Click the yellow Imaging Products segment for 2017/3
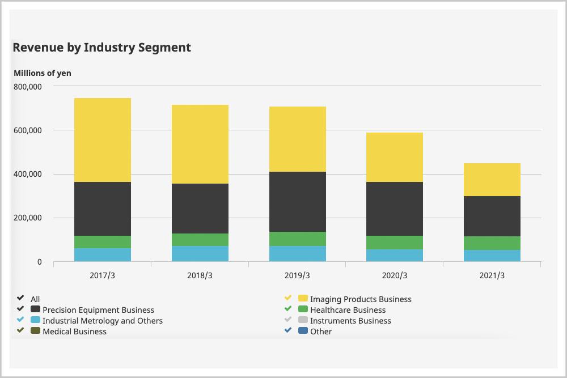(x=103, y=140)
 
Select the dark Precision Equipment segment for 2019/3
(x=298, y=202)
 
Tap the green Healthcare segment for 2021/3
(x=492, y=243)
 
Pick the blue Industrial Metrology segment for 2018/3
(x=200, y=253)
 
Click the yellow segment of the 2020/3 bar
(x=395, y=157)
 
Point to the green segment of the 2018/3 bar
(x=200, y=240)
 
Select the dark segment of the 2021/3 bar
(x=492, y=216)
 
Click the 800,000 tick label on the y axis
(x=27, y=87)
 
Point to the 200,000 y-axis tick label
(x=27, y=218)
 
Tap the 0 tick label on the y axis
(x=39, y=262)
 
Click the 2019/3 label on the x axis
(x=298, y=276)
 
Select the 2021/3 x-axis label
(x=492, y=276)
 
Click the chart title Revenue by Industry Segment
(x=101, y=48)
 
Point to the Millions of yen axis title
(x=43, y=73)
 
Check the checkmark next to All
(x=20, y=299)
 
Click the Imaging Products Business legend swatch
(x=303, y=299)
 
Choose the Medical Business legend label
(x=74, y=332)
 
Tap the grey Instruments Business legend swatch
(x=303, y=321)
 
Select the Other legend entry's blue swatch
(x=303, y=332)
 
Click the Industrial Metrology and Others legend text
(x=103, y=321)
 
